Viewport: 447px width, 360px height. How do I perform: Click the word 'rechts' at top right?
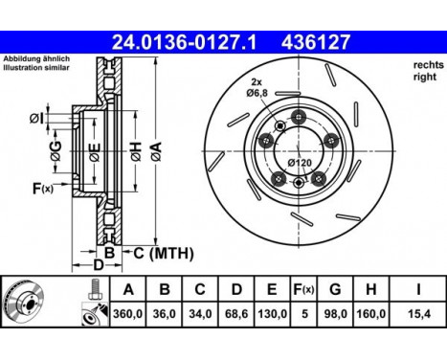click(426, 64)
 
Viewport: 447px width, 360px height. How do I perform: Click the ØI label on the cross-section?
click(35, 119)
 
